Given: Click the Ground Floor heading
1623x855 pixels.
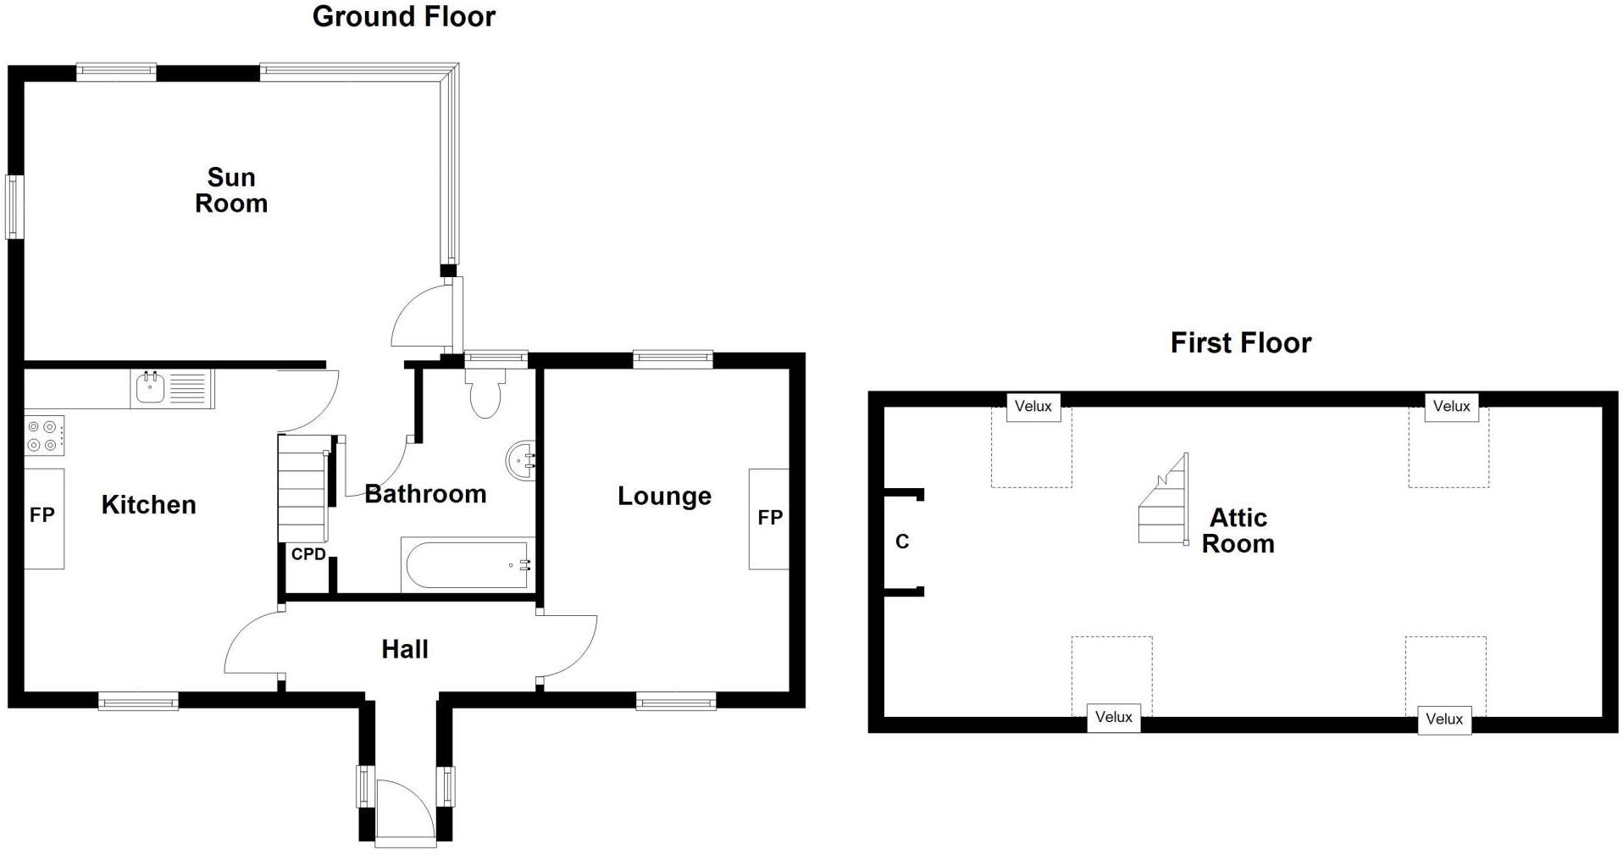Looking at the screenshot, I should coord(403,16).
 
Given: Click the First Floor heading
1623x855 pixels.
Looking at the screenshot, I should coord(1240,342).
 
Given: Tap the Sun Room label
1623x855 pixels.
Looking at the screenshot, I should coord(231,190).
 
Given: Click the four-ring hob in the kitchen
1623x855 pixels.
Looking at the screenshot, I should coord(43,436).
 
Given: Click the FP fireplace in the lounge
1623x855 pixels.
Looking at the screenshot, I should coord(769,518).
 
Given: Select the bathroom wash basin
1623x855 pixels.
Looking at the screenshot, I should coord(522,461).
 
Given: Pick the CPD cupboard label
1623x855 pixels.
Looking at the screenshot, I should coord(308,554).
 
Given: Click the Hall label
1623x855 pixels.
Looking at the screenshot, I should coord(405,650).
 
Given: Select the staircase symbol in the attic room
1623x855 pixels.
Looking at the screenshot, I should coord(1164,502).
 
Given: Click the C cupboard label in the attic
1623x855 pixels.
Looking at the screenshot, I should coord(902,541).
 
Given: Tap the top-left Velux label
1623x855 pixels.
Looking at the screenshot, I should coord(1033,407).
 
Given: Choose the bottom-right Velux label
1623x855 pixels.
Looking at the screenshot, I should coord(1443,719).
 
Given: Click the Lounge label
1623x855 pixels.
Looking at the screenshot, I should coord(664,497).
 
